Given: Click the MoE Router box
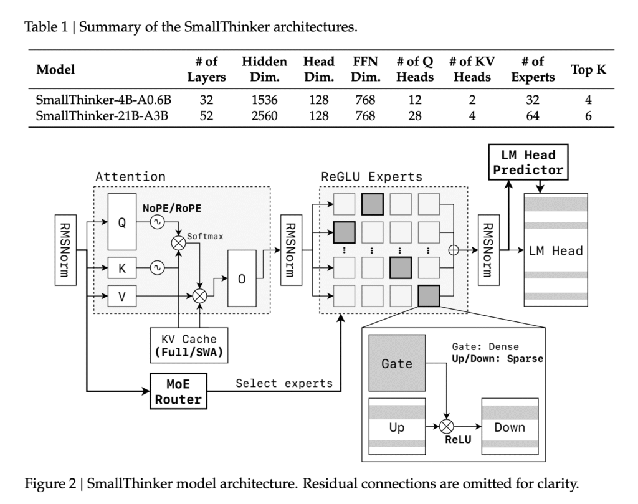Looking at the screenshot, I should (x=179, y=391).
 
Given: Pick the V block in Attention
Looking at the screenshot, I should (x=121, y=297).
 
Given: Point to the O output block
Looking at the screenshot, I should (x=242, y=279).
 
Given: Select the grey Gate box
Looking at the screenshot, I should (x=397, y=363).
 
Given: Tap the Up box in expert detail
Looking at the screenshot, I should (x=397, y=427).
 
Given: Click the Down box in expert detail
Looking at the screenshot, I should (x=509, y=427).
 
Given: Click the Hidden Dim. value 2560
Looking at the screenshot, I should (x=264, y=115).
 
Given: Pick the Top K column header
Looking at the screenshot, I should (x=588, y=70).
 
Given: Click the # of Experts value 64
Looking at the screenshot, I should (x=532, y=115).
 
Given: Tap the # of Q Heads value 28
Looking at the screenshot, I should (x=415, y=115).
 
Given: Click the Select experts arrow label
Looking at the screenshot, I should (x=283, y=383).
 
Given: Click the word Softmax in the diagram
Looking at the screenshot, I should (x=206, y=237).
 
